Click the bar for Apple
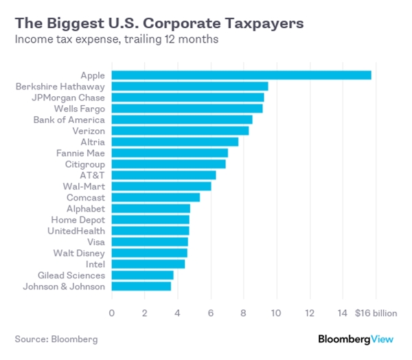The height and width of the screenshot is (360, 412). tap(241, 75)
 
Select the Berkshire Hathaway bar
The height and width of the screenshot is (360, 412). tap(190, 86)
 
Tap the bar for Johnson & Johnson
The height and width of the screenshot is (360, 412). tap(141, 286)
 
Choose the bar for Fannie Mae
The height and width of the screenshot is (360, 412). tap(170, 153)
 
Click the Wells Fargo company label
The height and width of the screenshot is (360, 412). tap(80, 109)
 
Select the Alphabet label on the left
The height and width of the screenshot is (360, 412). tap(86, 208)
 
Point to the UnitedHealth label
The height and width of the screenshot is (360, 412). tap(76, 230)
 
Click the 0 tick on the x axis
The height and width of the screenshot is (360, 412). tap(112, 313)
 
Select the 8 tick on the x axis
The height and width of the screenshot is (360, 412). tap(244, 313)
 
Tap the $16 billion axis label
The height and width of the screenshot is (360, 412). tap(376, 313)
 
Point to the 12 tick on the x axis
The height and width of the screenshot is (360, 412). tap(310, 313)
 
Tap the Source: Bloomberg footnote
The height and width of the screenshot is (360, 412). tap(56, 339)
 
